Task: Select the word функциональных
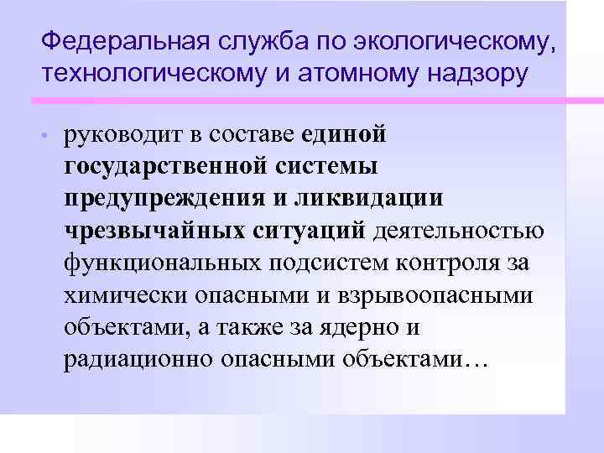point(164,262)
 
